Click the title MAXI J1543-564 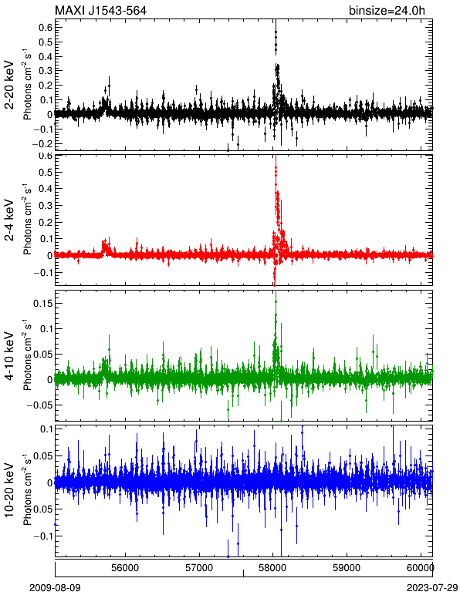pos(100,10)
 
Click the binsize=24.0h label pos(387,10)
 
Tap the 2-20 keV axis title pos(9,86)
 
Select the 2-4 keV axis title pos(9,220)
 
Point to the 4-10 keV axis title pos(9,356)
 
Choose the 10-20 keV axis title pos(9,490)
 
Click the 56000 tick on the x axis pos(126,568)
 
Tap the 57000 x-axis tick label pos(200,568)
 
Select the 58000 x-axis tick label pos(273,568)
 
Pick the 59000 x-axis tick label pos(347,568)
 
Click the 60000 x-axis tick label pos(421,568)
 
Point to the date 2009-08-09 pos(55,588)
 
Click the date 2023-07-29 pos(432,588)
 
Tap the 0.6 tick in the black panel pos(46,27)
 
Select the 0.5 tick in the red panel pos(46,173)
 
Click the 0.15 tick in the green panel pos(42,303)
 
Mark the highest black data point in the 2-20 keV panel pos(276,32)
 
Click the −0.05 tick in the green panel pos(40,405)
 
